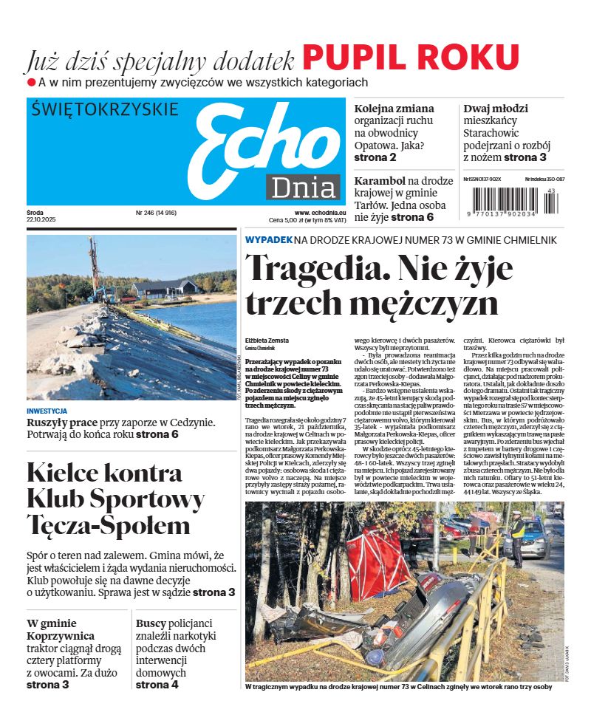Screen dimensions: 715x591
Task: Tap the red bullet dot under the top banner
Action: (31, 82)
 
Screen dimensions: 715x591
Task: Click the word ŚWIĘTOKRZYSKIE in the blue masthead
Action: (106, 110)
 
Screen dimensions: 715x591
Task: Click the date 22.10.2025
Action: (41, 220)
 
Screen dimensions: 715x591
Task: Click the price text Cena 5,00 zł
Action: (292, 220)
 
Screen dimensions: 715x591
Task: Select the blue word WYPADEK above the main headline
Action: (268, 240)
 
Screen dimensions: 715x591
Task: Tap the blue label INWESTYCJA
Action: (47, 411)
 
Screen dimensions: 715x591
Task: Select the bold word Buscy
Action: (151, 623)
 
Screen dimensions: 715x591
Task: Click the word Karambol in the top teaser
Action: (380, 180)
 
